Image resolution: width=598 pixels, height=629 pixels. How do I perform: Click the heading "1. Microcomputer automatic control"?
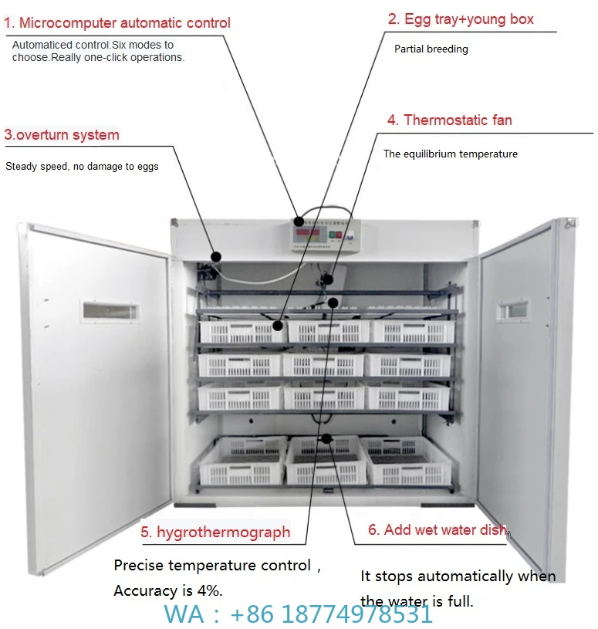pyautogui.click(x=117, y=22)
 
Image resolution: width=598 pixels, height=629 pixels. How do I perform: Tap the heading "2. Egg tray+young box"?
pyautogui.click(x=460, y=19)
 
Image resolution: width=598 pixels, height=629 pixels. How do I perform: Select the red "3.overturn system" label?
pyautogui.click(x=62, y=135)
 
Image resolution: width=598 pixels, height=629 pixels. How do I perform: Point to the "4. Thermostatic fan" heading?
pyautogui.click(x=449, y=120)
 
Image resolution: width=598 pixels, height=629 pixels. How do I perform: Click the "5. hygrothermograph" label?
pyautogui.click(x=215, y=532)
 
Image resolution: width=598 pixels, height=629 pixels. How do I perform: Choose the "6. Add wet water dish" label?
pyautogui.click(x=437, y=529)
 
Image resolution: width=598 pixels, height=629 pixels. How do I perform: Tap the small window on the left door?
pyautogui.click(x=110, y=311)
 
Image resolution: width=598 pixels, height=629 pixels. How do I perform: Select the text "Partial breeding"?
pyautogui.click(x=431, y=49)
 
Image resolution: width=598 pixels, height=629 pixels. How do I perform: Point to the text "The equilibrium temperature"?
pyautogui.click(x=450, y=154)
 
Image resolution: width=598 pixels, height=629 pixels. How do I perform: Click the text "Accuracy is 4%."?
pyautogui.click(x=167, y=591)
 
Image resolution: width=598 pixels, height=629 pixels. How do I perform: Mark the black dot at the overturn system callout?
pyautogui.click(x=217, y=256)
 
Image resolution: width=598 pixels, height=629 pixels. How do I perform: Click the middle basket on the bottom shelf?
pyautogui.click(x=326, y=461)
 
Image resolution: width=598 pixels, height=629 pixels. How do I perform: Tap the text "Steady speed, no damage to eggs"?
pyautogui.click(x=82, y=167)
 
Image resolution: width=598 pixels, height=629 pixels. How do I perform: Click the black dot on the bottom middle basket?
pyautogui.click(x=327, y=439)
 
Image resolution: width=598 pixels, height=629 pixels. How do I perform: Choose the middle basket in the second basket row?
pyautogui.click(x=324, y=365)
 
